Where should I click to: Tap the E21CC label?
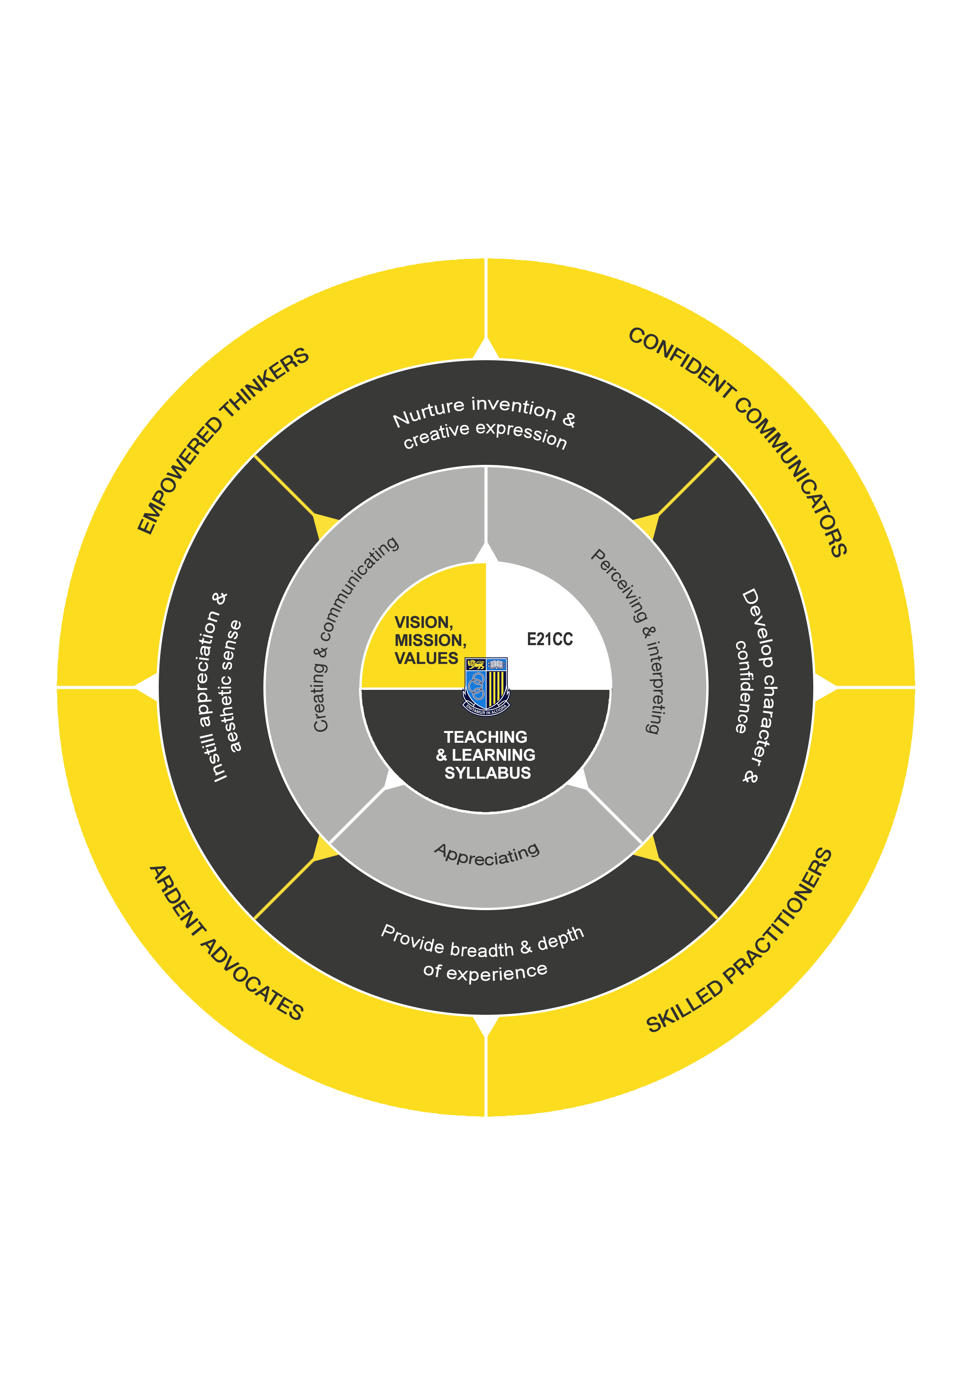click(549, 640)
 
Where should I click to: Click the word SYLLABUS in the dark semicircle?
click(487, 773)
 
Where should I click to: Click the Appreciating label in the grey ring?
click(487, 853)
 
